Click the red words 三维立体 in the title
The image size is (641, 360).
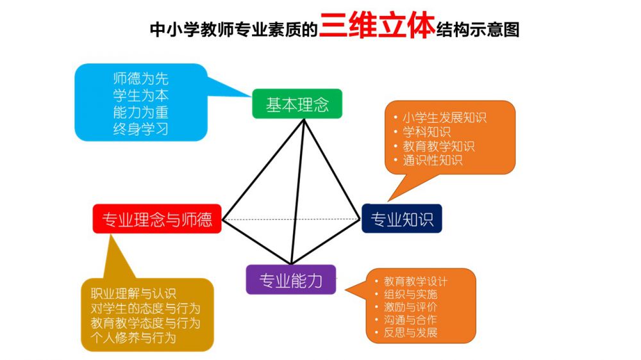coord(377,26)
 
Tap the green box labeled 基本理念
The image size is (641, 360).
coord(297,104)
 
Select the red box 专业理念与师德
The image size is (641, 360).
coord(157,219)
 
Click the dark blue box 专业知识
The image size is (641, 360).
coord(402,218)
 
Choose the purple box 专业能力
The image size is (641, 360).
coord(290,280)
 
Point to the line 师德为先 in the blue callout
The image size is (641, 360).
coord(141,78)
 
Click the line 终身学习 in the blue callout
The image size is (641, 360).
coord(141,129)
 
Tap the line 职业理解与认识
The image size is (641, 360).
coord(133,293)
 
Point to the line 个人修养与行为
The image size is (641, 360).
coord(133,338)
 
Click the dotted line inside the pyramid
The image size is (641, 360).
coord(291,220)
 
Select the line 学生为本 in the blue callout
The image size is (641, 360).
coord(141,95)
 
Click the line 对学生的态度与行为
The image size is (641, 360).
coord(146,308)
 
